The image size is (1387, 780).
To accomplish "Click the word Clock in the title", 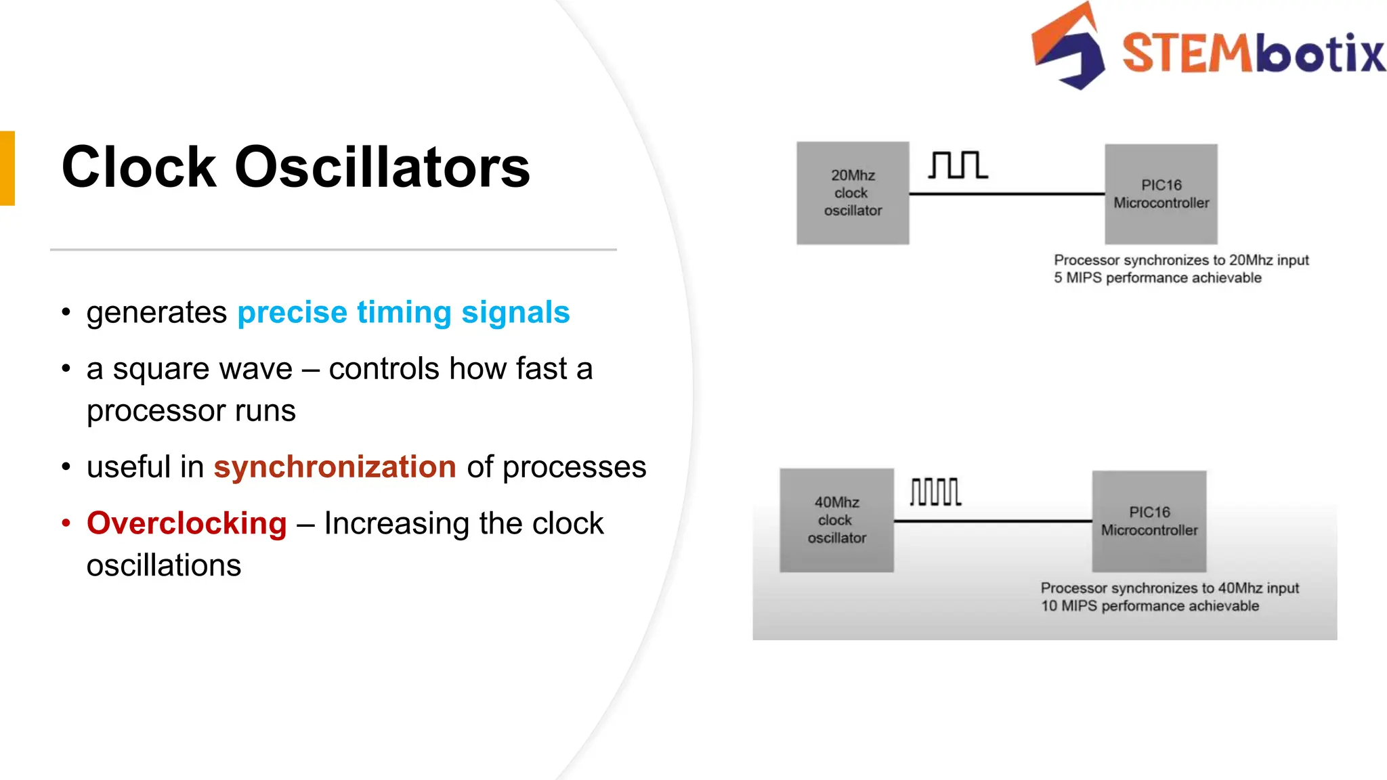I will (x=138, y=167).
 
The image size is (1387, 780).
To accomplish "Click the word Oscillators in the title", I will (x=382, y=167).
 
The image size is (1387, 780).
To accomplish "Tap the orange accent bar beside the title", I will (x=7, y=168).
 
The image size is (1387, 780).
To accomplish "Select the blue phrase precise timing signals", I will (x=403, y=313).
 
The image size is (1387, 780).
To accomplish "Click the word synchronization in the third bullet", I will (x=335, y=467).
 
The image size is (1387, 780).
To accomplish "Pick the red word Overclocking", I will (x=187, y=523).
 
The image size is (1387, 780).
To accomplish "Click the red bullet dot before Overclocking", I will (x=66, y=523).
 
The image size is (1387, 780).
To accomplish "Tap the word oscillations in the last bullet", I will (x=164, y=565).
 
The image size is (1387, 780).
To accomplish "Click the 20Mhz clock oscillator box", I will (x=853, y=193).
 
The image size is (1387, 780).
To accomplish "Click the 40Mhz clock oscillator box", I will (x=836, y=520).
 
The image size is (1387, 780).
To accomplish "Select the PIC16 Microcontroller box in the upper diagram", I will (x=1161, y=194).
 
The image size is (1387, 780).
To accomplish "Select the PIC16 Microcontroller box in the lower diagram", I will (x=1149, y=521).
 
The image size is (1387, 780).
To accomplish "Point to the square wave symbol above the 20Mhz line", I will (x=958, y=165).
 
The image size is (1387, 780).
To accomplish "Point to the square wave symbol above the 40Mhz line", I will (x=935, y=492).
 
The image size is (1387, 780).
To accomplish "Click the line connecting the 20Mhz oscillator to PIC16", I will (x=1006, y=194).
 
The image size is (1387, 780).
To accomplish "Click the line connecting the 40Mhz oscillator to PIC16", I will (x=993, y=521).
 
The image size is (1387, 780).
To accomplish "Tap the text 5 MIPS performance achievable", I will (x=1157, y=278).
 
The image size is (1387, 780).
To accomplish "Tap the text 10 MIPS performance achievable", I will (x=1149, y=606).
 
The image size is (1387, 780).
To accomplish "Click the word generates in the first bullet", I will (x=156, y=313).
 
